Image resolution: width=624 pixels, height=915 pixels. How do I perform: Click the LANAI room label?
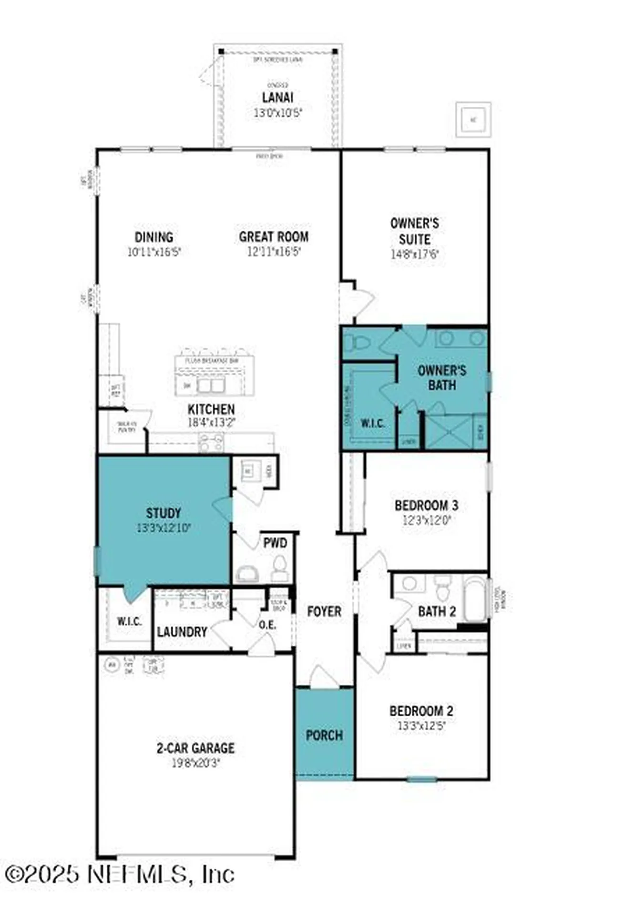(x=277, y=97)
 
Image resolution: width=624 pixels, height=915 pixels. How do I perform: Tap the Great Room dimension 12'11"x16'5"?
(x=274, y=252)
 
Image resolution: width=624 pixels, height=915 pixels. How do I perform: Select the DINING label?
(x=153, y=237)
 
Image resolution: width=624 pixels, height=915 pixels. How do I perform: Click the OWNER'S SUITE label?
(x=414, y=231)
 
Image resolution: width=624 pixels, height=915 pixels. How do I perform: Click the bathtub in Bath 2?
(x=475, y=599)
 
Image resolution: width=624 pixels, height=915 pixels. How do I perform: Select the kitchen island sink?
(x=211, y=385)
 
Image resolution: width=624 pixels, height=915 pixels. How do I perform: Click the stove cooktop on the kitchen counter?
(x=211, y=443)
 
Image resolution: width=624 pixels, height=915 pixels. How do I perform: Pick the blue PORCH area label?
(x=324, y=735)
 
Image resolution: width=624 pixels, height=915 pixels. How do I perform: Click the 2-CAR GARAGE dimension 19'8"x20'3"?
(x=195, y=763)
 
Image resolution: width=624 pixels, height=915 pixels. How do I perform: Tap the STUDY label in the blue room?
(x=164, y=513)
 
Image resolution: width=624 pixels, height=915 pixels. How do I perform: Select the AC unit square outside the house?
(x=473, y=119)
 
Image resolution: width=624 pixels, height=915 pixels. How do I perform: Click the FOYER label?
(x=324, y=611)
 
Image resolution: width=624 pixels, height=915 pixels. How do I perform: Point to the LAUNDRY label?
(x=182, y=632)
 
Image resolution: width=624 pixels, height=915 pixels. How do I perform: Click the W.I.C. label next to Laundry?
(x=129, y=621)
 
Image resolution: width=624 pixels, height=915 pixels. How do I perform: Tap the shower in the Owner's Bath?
(x=449, y=432)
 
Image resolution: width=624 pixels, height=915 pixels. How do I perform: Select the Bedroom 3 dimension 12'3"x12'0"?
(x=426, y=520)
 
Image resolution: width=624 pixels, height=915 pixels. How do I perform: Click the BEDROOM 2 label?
(x=421, y=711)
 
